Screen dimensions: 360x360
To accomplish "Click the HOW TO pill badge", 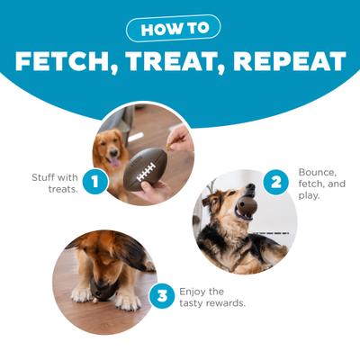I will point(179,29).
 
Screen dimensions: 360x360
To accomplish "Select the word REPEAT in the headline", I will point(292,62).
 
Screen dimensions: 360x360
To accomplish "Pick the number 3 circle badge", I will point(161,296).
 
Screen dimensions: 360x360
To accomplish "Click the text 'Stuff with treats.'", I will point(56,183).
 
